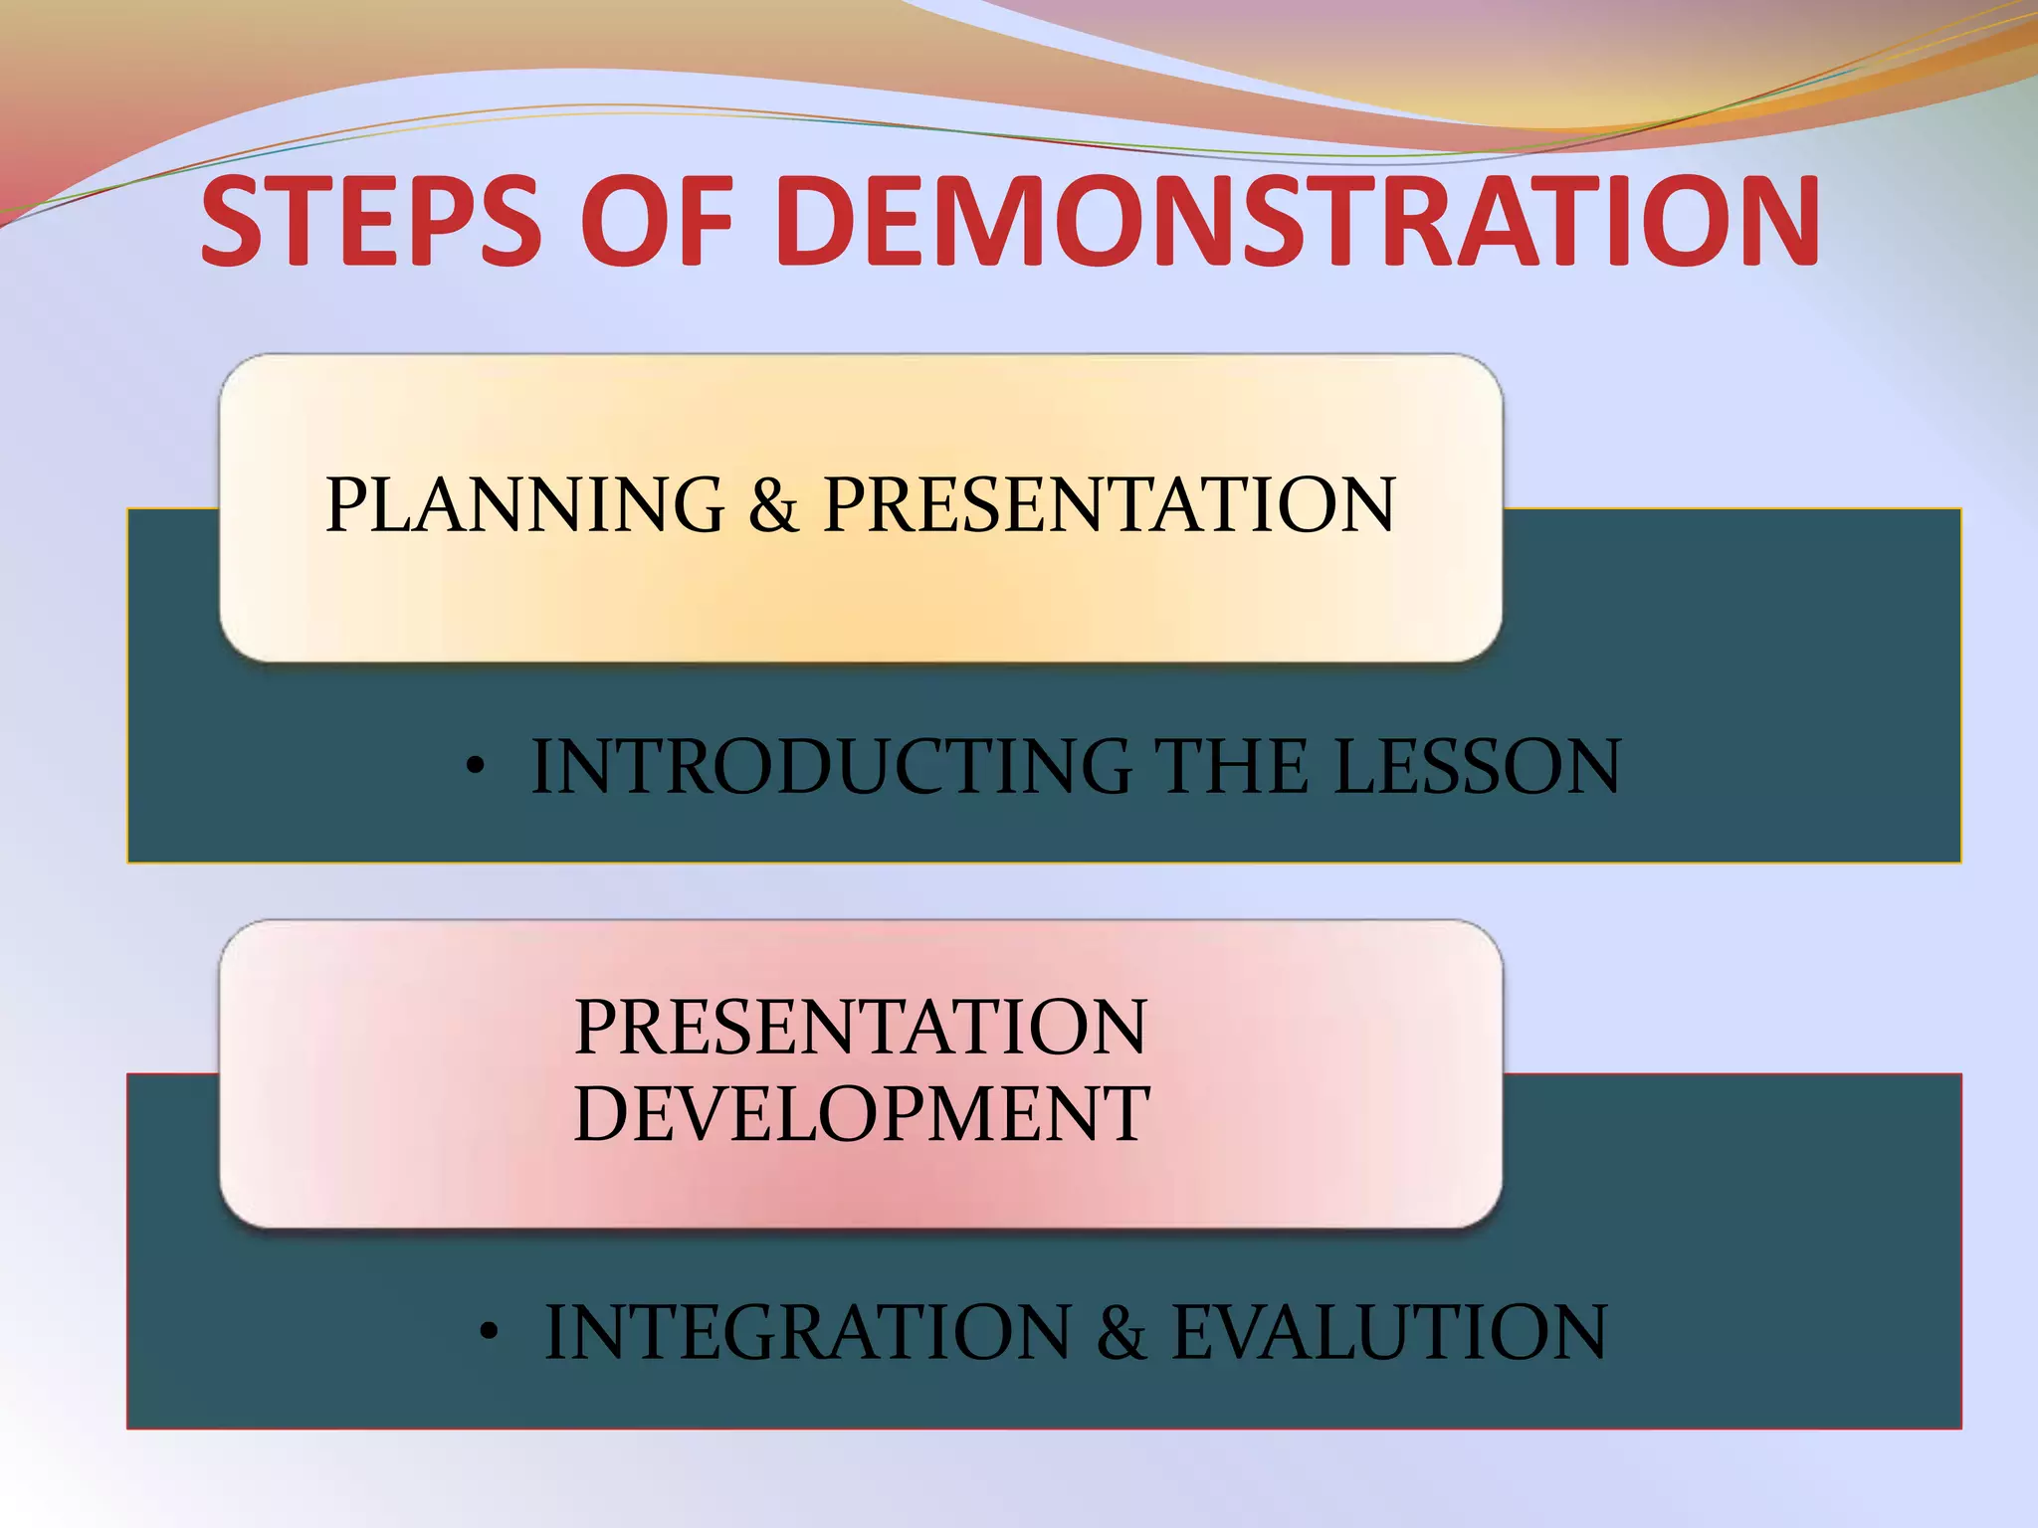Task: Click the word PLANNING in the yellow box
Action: (524, 504)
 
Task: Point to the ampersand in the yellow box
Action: (773, 504)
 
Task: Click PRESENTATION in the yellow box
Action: (1110, 504)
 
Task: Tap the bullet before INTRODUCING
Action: (477, 767)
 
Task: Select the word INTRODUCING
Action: (831, 767)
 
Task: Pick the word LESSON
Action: (1477, 767)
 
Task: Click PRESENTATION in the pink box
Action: (861, 1027)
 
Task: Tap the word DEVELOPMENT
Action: (861, 1113)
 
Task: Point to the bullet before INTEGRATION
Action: (488, 1332)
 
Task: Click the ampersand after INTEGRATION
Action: (1121, 1332)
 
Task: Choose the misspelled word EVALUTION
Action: (1388, 1332)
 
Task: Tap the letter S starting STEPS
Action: (237, 221)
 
